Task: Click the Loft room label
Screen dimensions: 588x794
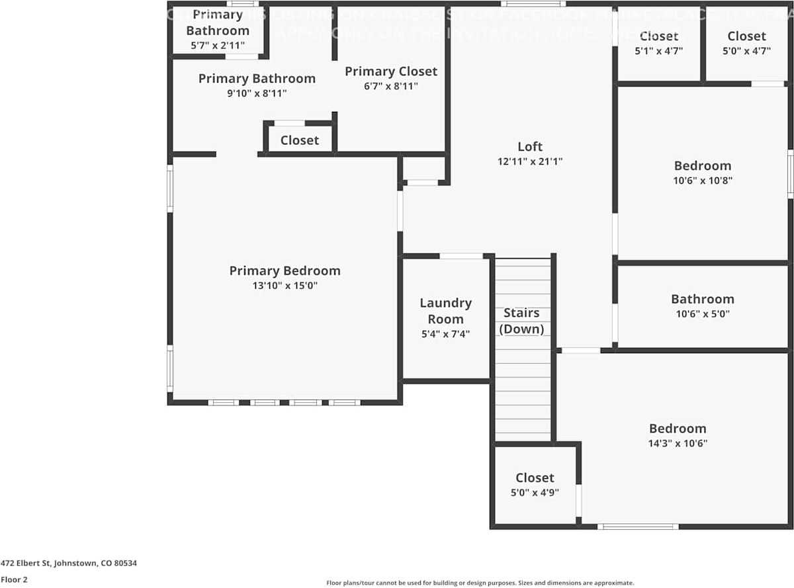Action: (530, 147)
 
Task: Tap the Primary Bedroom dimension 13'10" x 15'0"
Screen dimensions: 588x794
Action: (285, 286)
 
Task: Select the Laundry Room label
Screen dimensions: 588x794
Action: (445, 311)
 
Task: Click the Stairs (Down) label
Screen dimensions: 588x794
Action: (521, 321)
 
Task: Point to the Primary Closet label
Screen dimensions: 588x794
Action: (390, 71)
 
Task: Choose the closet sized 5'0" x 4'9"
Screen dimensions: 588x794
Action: (535, 492)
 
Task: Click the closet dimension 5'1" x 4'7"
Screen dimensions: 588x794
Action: (658, 50)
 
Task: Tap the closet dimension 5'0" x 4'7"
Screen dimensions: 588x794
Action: (746, 50)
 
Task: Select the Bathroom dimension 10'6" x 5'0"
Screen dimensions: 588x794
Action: (702, 315)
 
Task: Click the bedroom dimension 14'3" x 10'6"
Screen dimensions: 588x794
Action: (678, 444)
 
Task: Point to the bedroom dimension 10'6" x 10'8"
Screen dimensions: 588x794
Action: (702, 180)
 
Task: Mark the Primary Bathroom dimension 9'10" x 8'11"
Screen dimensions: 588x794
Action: (257, 93)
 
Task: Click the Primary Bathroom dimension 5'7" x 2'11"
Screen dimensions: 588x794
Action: (217, 46)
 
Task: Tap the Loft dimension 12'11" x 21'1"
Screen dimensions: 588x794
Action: (530, 161)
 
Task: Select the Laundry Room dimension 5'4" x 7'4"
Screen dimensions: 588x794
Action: (445, 335)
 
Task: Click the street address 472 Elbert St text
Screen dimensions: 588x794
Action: (68, 564)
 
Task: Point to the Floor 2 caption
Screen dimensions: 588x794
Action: (14, 579)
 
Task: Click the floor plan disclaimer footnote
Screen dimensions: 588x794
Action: (480, 583)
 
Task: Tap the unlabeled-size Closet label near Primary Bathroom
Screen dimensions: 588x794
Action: (299, 140)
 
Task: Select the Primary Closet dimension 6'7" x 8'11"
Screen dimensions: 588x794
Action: (390, 86)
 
